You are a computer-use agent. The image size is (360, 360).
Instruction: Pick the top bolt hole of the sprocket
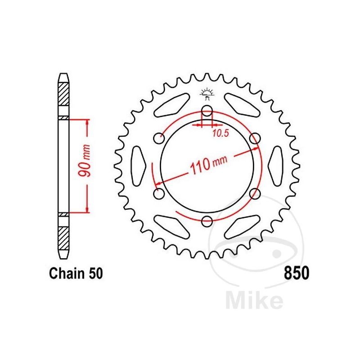click(x=207, y=111)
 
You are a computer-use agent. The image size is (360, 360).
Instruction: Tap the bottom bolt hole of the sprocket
click(x=207, y=221)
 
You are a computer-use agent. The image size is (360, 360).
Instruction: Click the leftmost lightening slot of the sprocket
click(x=139, y=166)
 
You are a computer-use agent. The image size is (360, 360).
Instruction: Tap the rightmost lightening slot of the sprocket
click(x=275, y=166)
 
